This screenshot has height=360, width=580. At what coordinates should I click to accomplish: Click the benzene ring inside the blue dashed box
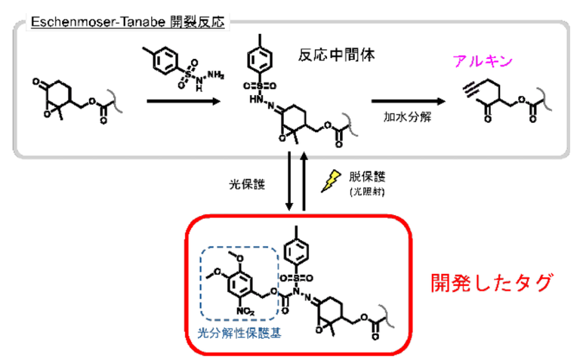coord(240,282)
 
